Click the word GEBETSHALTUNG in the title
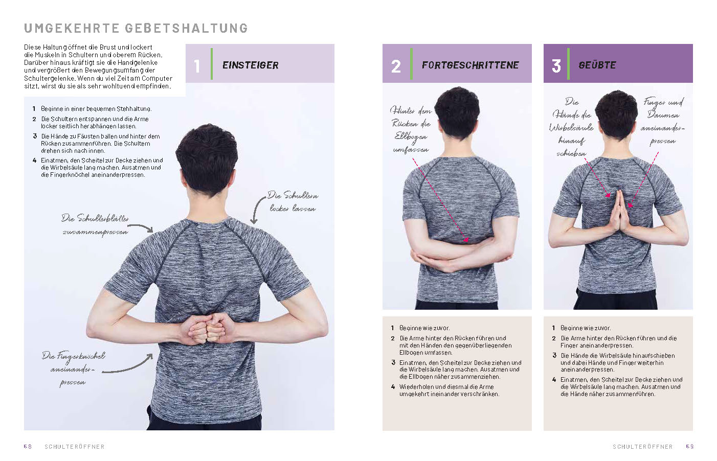(x=186, y=28)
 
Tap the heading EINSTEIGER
(x=250, y=65)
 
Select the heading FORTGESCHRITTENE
(x=470, y=65)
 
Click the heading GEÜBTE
(x=597, y=65)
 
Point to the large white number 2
(x=396, y=66)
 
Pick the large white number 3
(x=556, y=66)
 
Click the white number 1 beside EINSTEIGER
(x=197, y=66)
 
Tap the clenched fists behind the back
(x=207, y=328)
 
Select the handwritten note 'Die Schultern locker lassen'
(x=293, y=201)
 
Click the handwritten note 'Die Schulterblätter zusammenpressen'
(x=95, y=225)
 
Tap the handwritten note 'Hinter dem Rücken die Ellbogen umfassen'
(x=411, y=130)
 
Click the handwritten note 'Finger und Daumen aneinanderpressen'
(x=663, y=122)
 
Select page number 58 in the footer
(x=28, y=446)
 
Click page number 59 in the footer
(x=690, y=446)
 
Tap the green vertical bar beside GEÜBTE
(x=568, y=64)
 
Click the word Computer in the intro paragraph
(x=157, y=78)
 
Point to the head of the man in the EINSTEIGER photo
(x=207, y=158)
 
